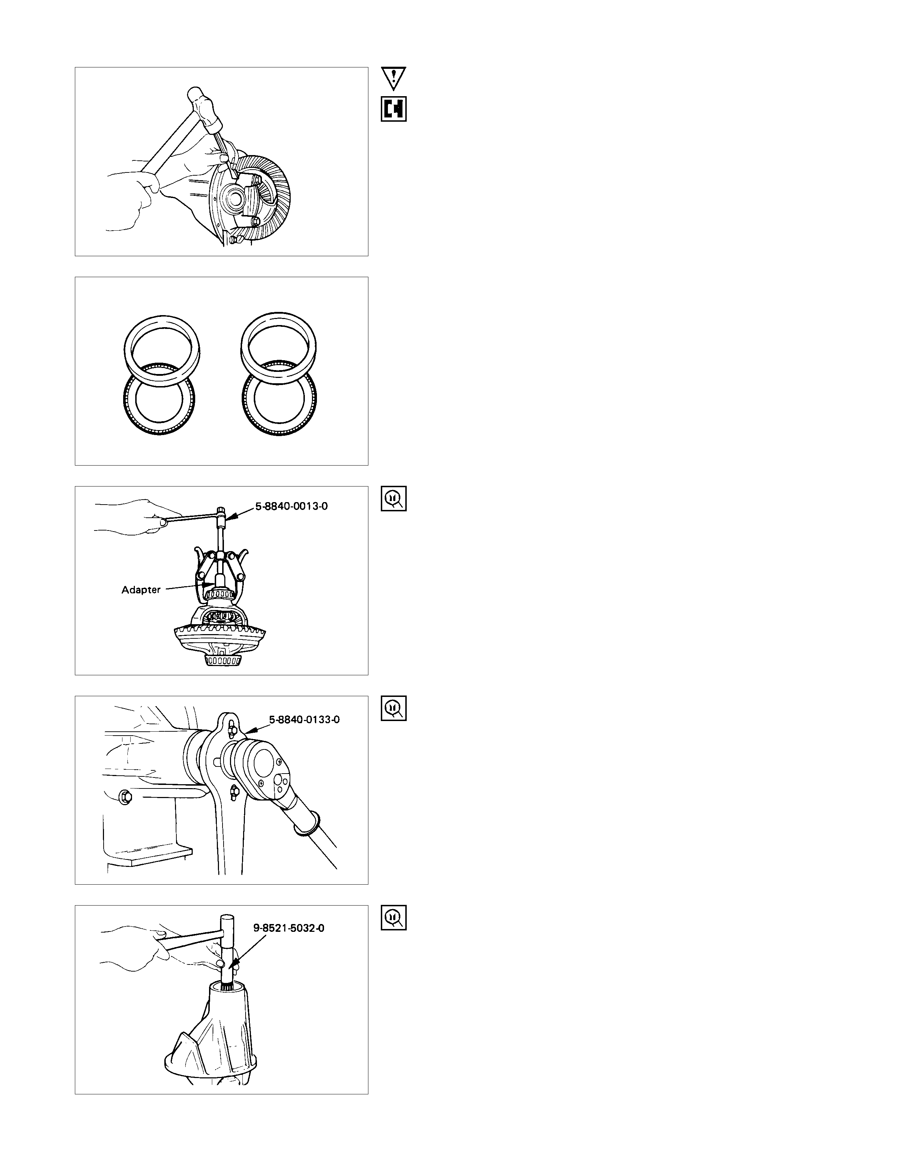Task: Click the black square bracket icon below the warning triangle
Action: pos(394,109)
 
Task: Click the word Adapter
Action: pos(141,590)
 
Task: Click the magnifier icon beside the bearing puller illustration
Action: pos(394,499)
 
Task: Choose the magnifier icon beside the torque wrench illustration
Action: pos(394,708)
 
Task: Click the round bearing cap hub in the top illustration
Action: pos(236,198)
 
